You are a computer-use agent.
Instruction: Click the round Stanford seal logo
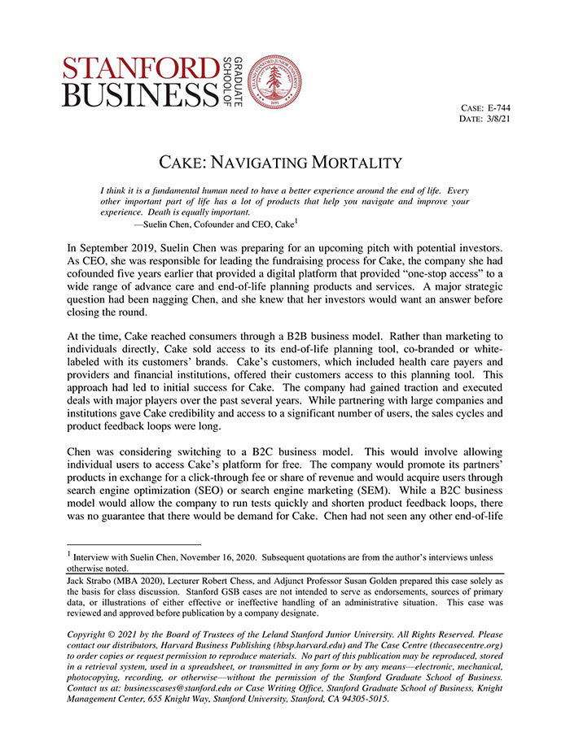pyautogui.click(x=274, y=82)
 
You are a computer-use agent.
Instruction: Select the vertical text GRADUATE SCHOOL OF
pyautogui.click(x=233, y=83)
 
